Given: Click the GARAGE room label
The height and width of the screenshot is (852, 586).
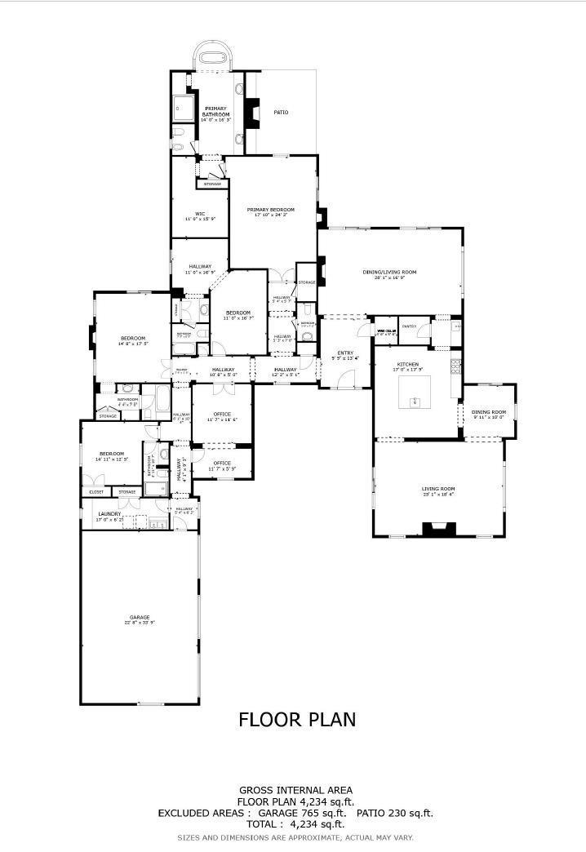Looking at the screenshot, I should coord(139,617).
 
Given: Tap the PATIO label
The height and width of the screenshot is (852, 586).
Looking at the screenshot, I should coord(281,113).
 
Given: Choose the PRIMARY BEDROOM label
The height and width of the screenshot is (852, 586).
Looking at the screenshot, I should coord(271,210).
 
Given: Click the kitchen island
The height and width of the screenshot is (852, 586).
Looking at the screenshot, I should coord(415,397).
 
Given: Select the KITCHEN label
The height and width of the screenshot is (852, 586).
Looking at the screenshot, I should coord(408,364).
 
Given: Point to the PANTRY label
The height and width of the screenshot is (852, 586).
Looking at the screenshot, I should coord(410,326).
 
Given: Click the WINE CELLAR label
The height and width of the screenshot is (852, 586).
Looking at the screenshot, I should coord(386,331).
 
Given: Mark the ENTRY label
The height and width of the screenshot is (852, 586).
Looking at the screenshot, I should coord(346,353).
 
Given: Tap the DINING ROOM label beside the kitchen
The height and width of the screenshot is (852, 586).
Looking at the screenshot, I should coord(489,412).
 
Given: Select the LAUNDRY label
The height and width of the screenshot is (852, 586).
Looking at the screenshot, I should coord(109,514).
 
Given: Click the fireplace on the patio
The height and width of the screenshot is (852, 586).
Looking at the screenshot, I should coord(254,114).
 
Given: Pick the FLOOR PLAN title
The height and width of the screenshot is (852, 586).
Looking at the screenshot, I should coord(297,719).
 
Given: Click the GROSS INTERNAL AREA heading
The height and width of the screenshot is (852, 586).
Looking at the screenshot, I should coord(295,789).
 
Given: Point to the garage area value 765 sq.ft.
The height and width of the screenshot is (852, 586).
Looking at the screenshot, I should coord(325,813).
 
